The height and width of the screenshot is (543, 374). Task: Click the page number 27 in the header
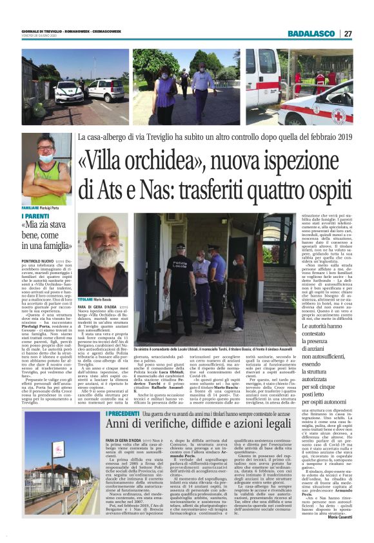click(x=348, y=34)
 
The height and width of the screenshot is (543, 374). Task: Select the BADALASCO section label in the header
click(x=311, y=34)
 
